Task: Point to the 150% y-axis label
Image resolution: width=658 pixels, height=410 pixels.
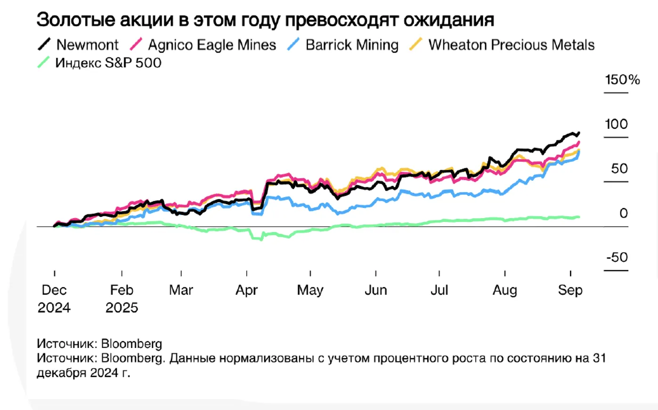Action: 622,80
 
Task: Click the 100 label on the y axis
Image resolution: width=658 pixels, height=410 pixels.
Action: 616,125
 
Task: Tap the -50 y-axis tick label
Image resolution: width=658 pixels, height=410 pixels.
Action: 617,258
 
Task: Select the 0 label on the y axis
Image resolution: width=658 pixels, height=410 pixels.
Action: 623,213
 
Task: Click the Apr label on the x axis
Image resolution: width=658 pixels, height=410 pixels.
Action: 247,290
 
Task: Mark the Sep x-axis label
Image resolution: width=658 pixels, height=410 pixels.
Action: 570,290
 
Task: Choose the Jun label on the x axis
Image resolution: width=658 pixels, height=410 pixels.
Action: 375,290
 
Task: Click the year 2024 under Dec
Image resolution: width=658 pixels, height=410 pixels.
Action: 54,308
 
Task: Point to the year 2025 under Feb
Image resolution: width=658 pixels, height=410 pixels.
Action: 122,308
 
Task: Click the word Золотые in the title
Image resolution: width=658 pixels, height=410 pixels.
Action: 75,20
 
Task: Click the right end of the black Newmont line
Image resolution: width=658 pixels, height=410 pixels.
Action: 578,133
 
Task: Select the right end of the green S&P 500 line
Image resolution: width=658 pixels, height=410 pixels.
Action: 578,217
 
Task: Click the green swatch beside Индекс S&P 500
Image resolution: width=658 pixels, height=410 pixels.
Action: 43,63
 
